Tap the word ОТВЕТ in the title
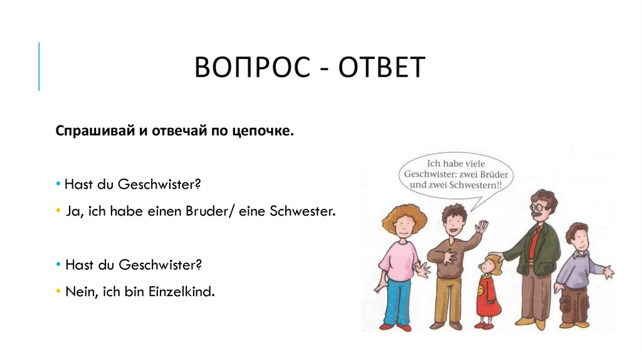pyautogui.click(x=382, y=68)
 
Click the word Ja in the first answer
pyautogui.click(x=71, y=211)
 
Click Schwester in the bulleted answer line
pyautogui.click(x=302, y=211)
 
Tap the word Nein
pyautogui.click(x=78, y=292)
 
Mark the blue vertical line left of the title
pyautogui.click(x=39, y=66)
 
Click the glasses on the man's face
pyautogui.click(x=539, y=206)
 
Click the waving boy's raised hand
pyautogui.click(x=481, y=226)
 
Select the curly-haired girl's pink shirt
pyautogui.click(x=399, y=260)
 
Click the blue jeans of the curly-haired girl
pyautogui.click(x=397, y=301)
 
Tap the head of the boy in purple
pyautogui.click(x=578, y=235)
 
